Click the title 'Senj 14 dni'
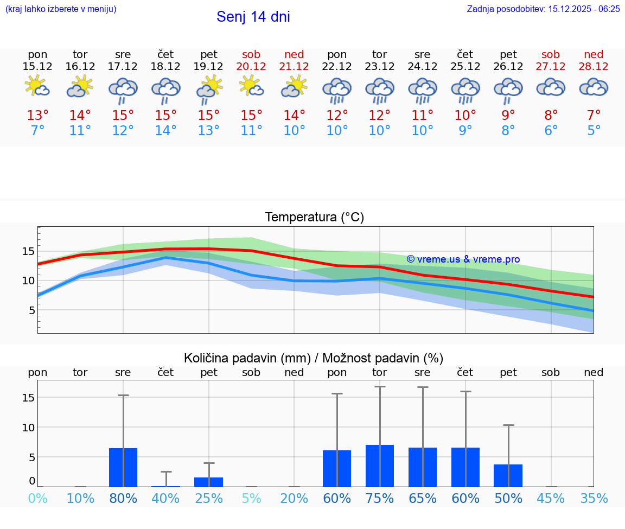point(253,17)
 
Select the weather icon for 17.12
point(123,90)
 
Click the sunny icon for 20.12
point(251,86)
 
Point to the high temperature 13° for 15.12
point(37,116)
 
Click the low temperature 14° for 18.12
point(166,131)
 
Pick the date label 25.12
point(465,66)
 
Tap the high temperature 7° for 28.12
point(594,116)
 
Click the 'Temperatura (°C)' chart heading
point(314,217)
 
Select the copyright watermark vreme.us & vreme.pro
point(463,259)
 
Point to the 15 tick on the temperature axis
point(28,251)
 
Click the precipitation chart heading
point(314,358)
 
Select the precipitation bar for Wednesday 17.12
point(123,467)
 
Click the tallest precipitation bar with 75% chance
point(380,466)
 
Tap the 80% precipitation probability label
point(123,498)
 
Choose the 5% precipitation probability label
point(252,498)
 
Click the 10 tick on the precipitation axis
point(28,428)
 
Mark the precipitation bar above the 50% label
point(508,475)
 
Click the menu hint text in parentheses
point(61,9)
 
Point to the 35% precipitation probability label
point(594,498)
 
